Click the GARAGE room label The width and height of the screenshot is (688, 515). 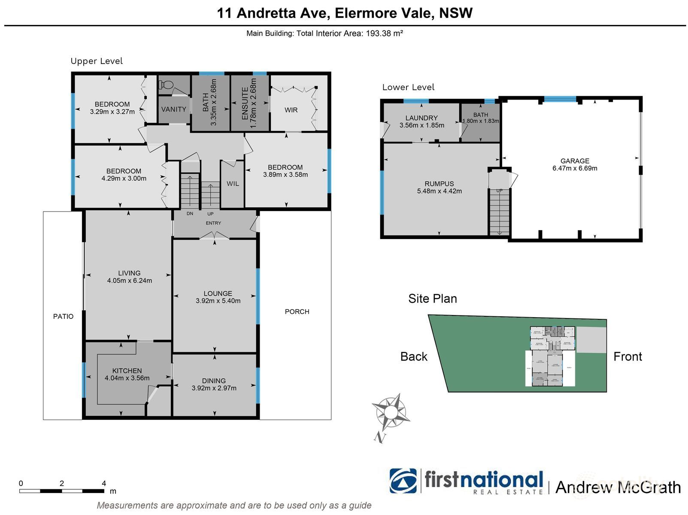574,161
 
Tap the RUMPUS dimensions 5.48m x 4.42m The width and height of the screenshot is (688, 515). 439,191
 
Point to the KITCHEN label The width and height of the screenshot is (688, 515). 127,371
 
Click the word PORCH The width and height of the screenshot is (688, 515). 297,312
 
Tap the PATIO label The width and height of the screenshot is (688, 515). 63,316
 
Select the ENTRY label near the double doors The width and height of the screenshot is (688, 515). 213,223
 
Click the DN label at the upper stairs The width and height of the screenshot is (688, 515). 190,214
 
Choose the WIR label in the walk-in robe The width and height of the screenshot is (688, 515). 291,110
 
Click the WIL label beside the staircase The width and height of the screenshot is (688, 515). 233,184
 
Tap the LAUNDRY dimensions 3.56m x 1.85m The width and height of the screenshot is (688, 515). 421,125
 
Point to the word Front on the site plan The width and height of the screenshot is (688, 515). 627,357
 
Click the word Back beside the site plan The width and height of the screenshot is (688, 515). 414,357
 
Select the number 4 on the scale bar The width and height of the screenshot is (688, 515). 103,484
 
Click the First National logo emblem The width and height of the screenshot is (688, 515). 403,481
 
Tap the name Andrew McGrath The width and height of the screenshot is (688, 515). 618,488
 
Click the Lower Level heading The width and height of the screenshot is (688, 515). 408,87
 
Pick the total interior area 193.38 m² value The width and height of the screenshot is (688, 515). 384,33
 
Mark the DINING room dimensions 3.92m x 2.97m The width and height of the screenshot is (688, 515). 214,388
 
